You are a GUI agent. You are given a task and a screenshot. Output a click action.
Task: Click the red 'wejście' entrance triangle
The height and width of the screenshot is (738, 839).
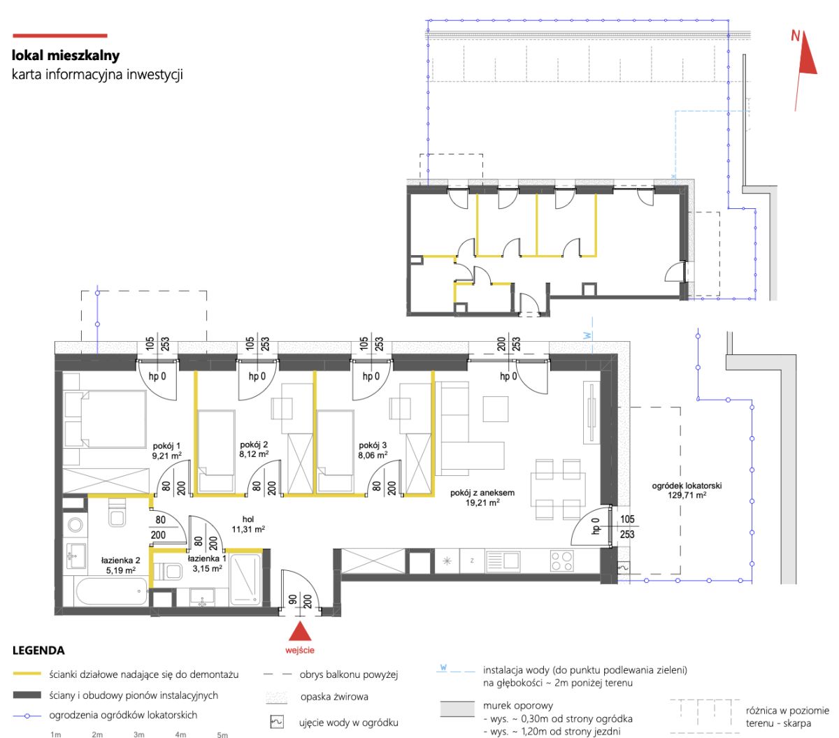[299, 631]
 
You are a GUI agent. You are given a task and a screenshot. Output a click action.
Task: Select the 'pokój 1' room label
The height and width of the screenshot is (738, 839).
[166, 446]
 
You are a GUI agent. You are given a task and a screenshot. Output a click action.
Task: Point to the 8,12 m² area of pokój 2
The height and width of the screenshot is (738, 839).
[253, 454]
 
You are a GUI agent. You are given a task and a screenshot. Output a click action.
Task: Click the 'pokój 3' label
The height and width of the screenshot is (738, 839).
[372, 445]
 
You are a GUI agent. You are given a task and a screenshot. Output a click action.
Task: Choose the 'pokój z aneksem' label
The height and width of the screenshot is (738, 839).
[482, 493]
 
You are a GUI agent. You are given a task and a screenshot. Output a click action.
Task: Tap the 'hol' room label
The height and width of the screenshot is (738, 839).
[248, 519]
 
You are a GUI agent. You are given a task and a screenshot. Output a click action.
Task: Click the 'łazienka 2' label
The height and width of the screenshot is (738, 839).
[120, 560]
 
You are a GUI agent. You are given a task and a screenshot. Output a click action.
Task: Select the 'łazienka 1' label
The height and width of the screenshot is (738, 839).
[207, 558]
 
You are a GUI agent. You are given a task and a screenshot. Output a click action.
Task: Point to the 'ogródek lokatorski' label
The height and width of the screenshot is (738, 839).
[687, 486]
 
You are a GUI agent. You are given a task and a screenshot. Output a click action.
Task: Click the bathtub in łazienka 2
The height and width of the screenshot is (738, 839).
[111, 592]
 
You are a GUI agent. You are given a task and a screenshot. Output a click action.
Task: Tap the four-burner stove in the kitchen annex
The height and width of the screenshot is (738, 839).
[562, 561]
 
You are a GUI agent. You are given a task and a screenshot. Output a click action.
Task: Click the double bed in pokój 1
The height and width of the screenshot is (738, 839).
[113, 419]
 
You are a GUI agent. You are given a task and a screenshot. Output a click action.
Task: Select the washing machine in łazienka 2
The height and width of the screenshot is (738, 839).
[75, 526]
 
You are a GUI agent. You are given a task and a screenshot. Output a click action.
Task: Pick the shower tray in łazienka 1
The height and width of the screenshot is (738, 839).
[245, 579]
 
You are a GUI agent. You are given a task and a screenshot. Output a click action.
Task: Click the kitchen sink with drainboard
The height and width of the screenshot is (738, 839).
[503, 561]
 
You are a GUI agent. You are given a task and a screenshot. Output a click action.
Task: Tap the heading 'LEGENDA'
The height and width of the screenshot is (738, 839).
[38, 650]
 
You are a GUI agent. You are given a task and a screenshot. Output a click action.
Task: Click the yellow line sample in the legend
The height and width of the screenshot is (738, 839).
[27, 674]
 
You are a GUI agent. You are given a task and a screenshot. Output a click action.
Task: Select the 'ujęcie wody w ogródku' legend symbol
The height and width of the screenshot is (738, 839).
[277, 722]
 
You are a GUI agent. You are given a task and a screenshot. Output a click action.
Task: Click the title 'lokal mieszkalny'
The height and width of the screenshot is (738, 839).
[66, 55]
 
